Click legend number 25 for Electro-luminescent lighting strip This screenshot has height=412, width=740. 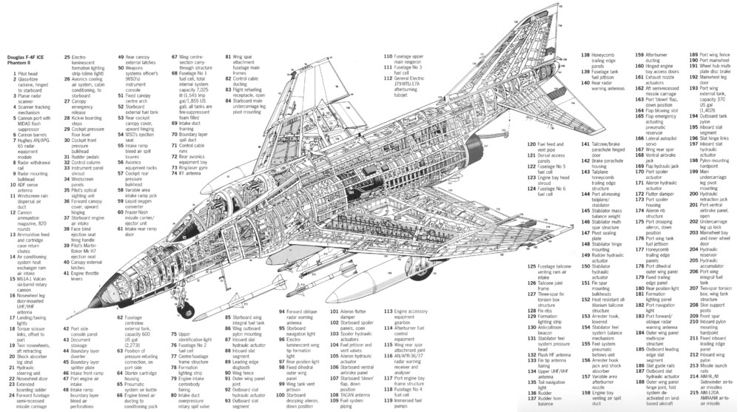67,56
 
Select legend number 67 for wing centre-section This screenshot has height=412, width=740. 174,56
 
